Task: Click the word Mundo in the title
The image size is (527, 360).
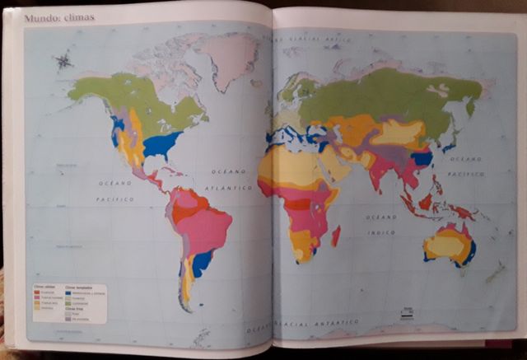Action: coord(40,17)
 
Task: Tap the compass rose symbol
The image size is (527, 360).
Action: coord(63,60)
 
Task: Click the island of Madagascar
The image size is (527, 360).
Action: coord(336,236)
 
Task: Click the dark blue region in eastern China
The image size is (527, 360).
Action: coord(422,159)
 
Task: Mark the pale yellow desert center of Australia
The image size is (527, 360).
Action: coord(448,245)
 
